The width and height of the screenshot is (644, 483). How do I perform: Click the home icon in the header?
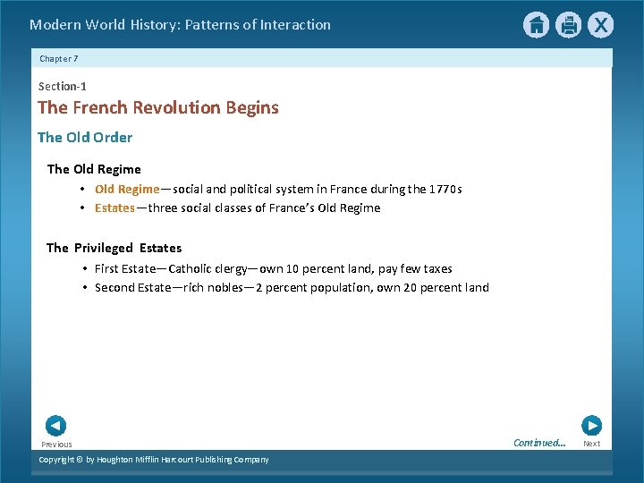pos(536,25)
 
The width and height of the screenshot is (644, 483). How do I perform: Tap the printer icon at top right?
pos(568,25)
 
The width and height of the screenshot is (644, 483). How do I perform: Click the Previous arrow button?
pos(55,426)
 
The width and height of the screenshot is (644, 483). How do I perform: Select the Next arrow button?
pos(591,426)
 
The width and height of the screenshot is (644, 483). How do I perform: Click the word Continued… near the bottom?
pos(539,443)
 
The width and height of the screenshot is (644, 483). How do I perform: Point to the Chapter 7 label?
pos(59,58)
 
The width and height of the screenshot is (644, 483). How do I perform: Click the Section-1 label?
pos(62,86)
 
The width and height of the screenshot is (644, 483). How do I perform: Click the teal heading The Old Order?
pos(85,137)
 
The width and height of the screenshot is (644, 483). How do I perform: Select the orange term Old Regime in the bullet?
pos(127,189)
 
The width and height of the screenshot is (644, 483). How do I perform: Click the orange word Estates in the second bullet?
pos(114,208)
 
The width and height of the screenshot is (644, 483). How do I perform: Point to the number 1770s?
pos(445,189)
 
